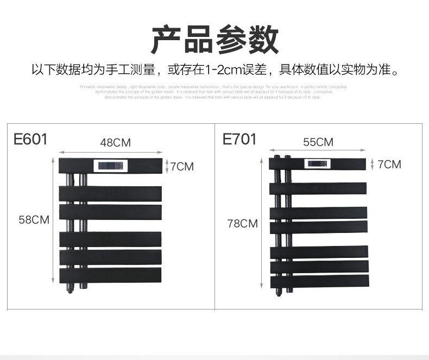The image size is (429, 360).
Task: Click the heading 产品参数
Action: (x=214, y=39)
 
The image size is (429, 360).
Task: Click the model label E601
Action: (x=30, y=139)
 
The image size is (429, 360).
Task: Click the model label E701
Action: (x=239, y=139)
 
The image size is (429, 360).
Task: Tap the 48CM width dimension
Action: (x=115, y=143)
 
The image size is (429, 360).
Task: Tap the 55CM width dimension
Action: (x=318, y=142)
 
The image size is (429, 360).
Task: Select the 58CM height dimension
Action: (x=34, y=220)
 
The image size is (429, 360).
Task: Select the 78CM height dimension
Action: (x=242, y=223)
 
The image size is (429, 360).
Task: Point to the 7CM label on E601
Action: (x=181, y=166)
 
